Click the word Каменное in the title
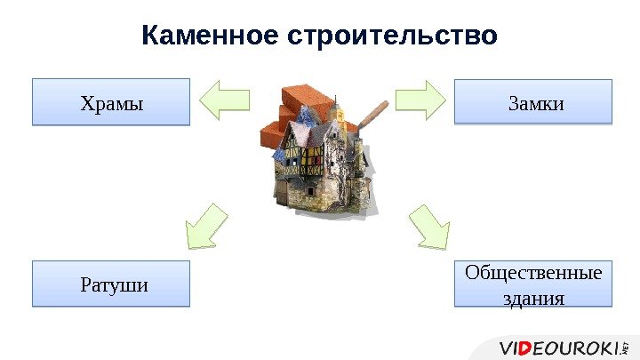(x=210, y=36)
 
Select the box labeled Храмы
(x=111, y=101)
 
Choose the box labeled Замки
(x=533, y=101)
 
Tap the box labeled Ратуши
(x=111, y=284)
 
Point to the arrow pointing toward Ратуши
(x=205, y=226)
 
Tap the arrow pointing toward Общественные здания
(x=431, y=228)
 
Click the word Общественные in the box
(x=533, y=272)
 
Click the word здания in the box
(x=533, y=297)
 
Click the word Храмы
(x=111, y=102)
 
